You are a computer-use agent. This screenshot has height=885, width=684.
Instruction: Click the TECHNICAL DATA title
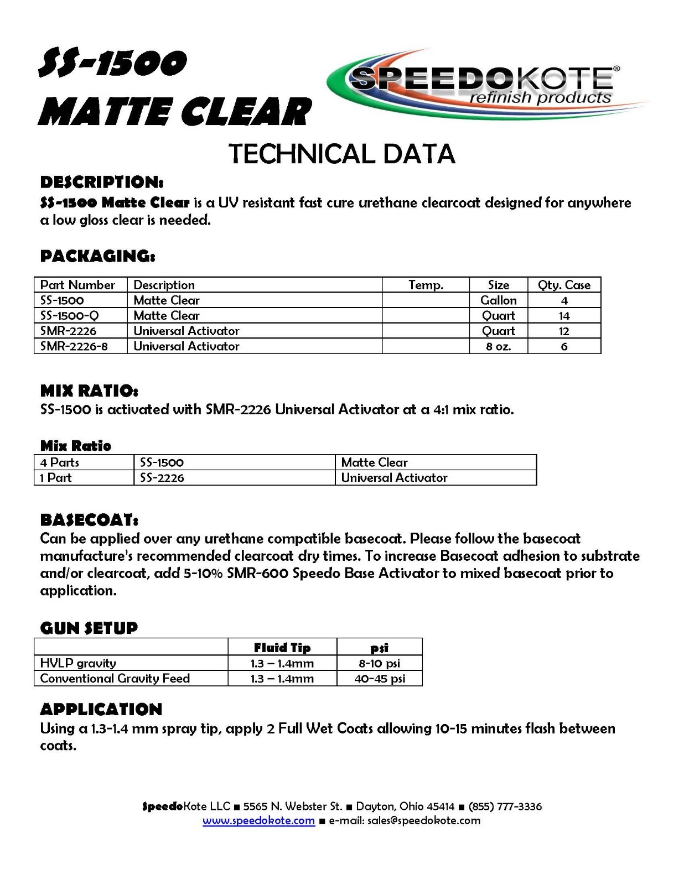[x=341, y=154]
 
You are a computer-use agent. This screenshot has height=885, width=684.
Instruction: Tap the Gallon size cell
[x=498, y=300]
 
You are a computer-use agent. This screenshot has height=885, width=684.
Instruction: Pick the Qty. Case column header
[x=564, y=285]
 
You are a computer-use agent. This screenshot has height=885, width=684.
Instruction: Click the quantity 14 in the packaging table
[x=564, y=316]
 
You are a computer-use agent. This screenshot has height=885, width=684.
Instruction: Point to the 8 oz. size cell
[x=498, y=346]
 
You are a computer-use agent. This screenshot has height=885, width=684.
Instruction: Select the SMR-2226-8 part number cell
[x=74, y=346]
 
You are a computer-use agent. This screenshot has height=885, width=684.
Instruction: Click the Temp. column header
[x=426, y=285]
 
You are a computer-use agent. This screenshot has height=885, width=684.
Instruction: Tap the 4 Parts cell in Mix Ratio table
[x=60, y=462]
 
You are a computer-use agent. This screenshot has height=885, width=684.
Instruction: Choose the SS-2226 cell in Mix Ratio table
[x=162, y=478]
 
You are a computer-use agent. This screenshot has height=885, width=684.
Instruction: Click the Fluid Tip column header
[x=282, y=647]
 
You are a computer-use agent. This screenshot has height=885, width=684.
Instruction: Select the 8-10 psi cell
[x=379, y=663]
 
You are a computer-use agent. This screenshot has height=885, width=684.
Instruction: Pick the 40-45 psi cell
[x=379, y=679]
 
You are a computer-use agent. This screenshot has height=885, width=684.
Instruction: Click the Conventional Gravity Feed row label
[x=115, y=678]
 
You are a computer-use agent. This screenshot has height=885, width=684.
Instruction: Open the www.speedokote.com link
[x=258, y=821]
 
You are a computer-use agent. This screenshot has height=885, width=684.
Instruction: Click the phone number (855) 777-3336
[x=505, y=806]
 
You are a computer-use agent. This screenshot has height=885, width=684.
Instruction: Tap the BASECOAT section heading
[x=89, y=520]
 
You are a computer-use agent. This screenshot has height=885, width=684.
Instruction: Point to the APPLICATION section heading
[x=101, y=709]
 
